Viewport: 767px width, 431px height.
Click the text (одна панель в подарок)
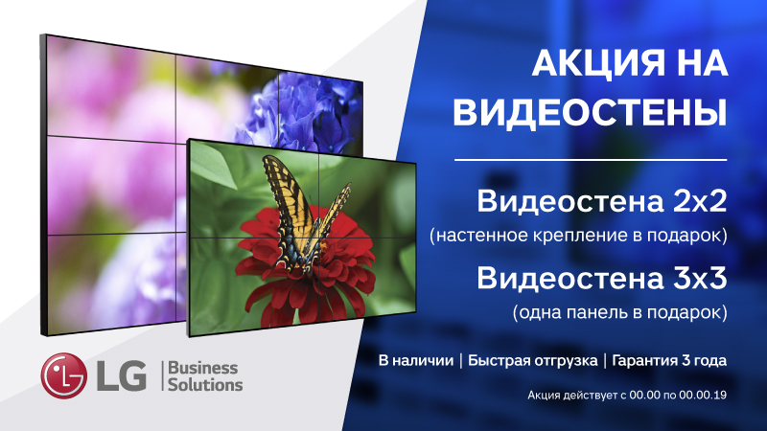pos(619,312)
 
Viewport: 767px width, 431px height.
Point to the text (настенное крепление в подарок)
pos(579,235)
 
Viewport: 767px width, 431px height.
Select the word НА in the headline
pos(699,66)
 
